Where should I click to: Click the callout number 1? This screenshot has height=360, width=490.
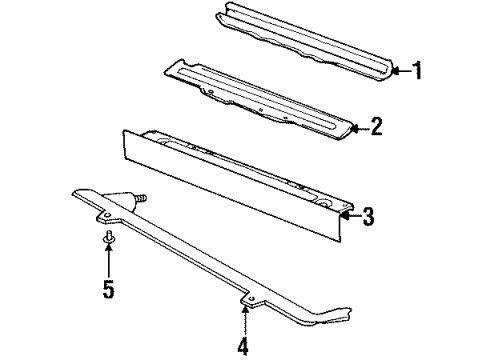click(x=417, y=70)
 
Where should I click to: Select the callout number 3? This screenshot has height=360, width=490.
click(x=368, y=214)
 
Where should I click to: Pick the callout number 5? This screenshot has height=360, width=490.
click(x=108, y=291)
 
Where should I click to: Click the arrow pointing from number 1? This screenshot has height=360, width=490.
click(x=398, y=70)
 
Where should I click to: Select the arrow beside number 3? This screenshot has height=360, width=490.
click(x=349, y=214)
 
